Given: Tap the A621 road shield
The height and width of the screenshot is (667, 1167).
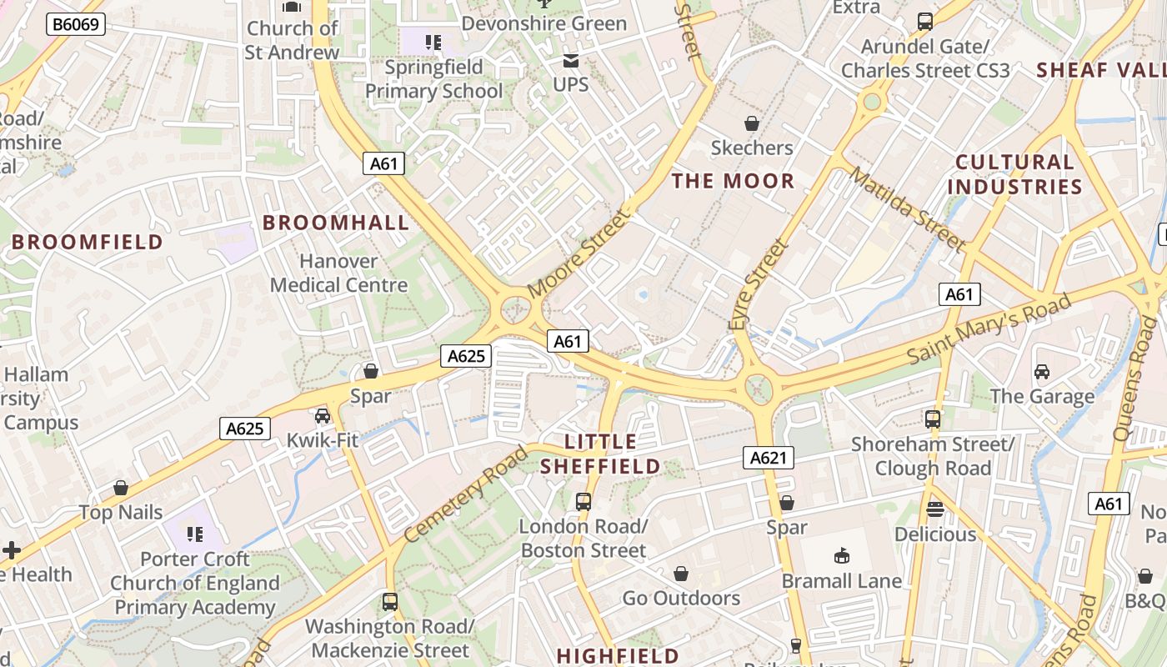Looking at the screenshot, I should point(769,457).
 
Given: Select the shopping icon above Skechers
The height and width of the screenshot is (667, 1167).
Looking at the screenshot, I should point(752,123).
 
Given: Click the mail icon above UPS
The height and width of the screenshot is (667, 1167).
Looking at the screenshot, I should point(571,60).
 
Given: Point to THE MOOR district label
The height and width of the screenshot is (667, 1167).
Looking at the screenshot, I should point(733,181).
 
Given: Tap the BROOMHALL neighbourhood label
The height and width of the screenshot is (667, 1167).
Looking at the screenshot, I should point(336,223).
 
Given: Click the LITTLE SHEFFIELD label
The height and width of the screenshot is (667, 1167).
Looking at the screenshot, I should point(600,454).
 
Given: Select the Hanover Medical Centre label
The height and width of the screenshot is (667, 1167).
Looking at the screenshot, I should point(338,273).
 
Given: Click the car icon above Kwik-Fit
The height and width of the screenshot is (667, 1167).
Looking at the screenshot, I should point(323,415).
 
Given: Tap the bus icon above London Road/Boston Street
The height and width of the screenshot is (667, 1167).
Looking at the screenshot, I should point(583,502).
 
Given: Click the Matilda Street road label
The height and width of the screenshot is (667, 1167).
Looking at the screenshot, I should point(908,209).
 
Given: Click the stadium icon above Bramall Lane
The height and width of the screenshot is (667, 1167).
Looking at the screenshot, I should point(842,555).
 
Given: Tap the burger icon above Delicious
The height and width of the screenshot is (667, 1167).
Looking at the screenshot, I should point(934,509).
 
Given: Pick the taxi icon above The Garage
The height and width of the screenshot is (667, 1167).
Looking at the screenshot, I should point(1042,371).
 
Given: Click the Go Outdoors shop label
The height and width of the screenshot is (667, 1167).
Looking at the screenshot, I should point(681,598).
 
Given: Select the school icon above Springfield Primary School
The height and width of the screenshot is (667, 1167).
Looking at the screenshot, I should point(432,42).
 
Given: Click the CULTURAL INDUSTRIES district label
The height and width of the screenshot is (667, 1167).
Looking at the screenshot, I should point(1014,174).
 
